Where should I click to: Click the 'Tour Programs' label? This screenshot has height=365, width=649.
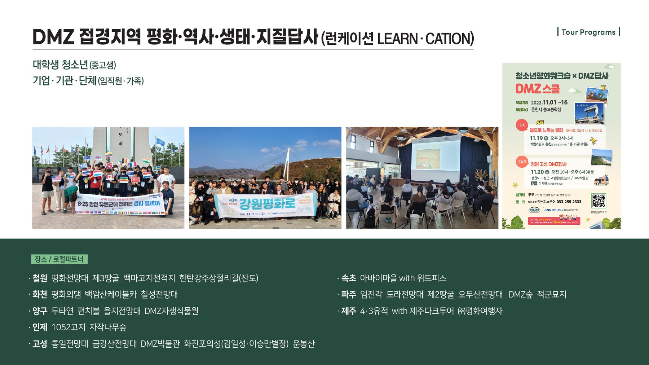(x=588, y=32)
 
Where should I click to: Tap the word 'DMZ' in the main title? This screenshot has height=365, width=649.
(x=53, y=37)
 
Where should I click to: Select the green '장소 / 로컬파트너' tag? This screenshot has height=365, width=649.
(x=59, y=259)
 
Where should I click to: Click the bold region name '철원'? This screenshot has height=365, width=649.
(x=40, y=278)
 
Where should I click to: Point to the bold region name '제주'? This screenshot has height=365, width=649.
(x=348, y=311)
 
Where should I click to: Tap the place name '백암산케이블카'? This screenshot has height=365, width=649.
(x=111, y=295)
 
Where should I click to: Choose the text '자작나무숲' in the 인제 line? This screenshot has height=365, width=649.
(x=108, y=327)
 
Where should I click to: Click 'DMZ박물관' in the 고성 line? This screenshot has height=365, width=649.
(x=160, y=344)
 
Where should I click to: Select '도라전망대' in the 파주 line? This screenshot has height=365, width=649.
(x=405, y=295)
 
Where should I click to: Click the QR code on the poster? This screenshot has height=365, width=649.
(x=598, y=201)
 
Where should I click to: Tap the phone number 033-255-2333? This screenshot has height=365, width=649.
(x=569, y=202)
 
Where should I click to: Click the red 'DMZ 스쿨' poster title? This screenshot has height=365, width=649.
(x=537, y=89)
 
